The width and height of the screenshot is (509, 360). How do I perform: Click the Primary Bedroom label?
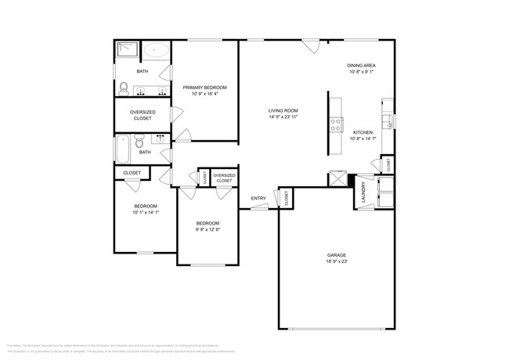pyautogui.click(x=204, y=87)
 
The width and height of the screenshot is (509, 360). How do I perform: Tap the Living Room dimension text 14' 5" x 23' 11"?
pyautogui.click(x=283, y=118)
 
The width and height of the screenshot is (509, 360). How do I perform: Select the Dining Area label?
pyautogui.click(x=362, y=65)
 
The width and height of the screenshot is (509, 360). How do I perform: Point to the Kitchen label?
pyautogui.click(x=362, y=132)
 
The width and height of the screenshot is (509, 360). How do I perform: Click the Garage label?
pyautogui.click(x=337, y=255)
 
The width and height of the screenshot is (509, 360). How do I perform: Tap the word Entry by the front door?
pyautogui.click(x=258, y=198)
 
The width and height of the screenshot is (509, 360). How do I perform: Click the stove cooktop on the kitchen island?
pyautogui.click(x=336, y=122)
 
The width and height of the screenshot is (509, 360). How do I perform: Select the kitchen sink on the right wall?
pyautogui.click(x=386, y=119)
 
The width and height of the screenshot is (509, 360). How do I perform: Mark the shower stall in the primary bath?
pyautogui.click(x=127, y=51)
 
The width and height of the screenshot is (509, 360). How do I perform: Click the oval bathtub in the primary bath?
pyautogui.click(x=157, y=51)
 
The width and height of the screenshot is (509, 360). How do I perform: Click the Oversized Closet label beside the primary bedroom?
pyautogui.click(x=142, y=115)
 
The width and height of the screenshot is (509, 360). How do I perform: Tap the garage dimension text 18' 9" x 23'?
pyautogui.click(x=337, y=262)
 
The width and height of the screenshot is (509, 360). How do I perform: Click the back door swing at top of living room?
pyautogui.click(x=311, y=45)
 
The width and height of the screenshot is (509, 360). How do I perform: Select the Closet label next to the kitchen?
pyautogui.click(x=387, y=164)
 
